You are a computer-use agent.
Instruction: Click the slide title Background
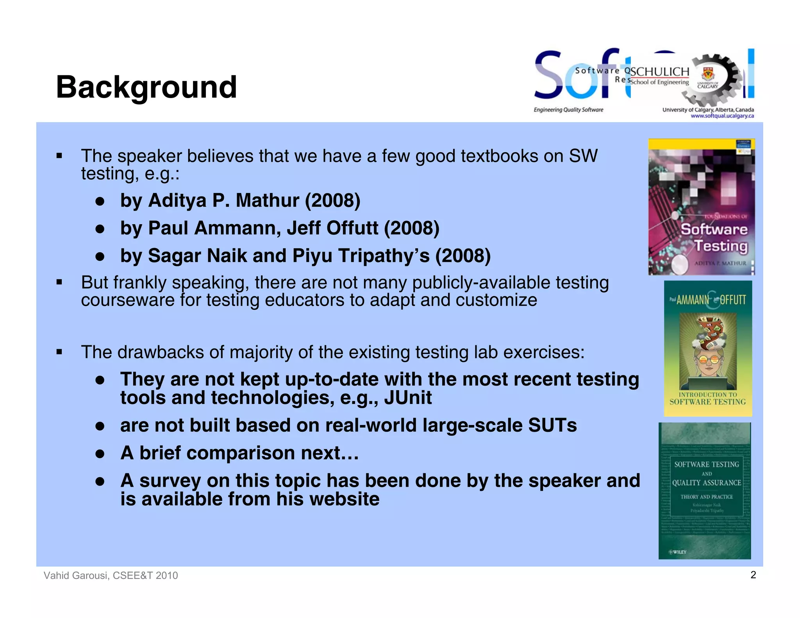click(x=146, y=87)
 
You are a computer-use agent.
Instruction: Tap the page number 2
click(x=753, y=575)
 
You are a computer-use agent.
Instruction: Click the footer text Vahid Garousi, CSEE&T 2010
click(x=111, y=575)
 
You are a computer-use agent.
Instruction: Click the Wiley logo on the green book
click(x=678, y=552)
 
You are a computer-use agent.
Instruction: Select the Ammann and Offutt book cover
click(x=708, y=348)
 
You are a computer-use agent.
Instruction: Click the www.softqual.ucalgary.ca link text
click(x=722, y=116)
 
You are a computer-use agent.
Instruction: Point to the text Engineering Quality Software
click(x=568, y=110)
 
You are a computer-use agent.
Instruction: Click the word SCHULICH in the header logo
click(x=660, y=72)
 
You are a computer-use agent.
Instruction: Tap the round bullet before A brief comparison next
click(x=100, y=454)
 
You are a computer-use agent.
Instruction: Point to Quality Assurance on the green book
click(x=706, y=483)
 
